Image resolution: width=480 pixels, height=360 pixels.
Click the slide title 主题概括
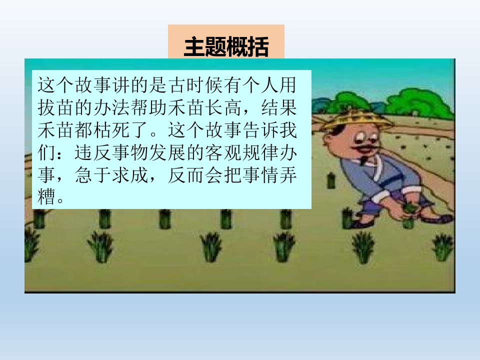[x=226, y=47]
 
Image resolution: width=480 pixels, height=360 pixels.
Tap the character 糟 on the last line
[x=46, y=195]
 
